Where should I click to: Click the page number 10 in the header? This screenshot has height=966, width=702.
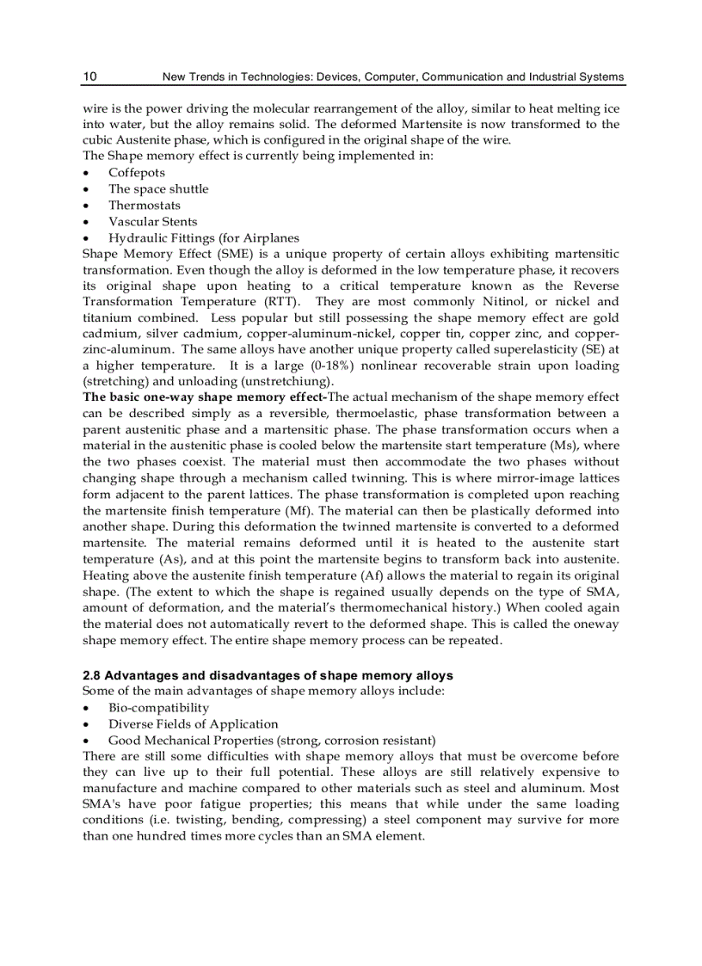pyautogui.click(x=89, y=77)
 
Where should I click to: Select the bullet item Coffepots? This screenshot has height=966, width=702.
pyautogui.click(x=136, y=172)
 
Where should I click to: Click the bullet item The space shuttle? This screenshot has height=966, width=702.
pyautogui.click(x=157, y=188)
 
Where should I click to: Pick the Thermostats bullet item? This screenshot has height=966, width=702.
pyautogui.click(x=144, y=205)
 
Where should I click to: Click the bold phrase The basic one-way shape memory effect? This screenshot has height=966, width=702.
pyautogui.click(x=204, y=397)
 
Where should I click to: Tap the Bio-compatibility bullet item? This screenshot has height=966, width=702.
pyautogui.click(x=158, y=707)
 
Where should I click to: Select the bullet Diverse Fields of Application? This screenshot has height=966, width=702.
pyautogui.click(x=193, y=723)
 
